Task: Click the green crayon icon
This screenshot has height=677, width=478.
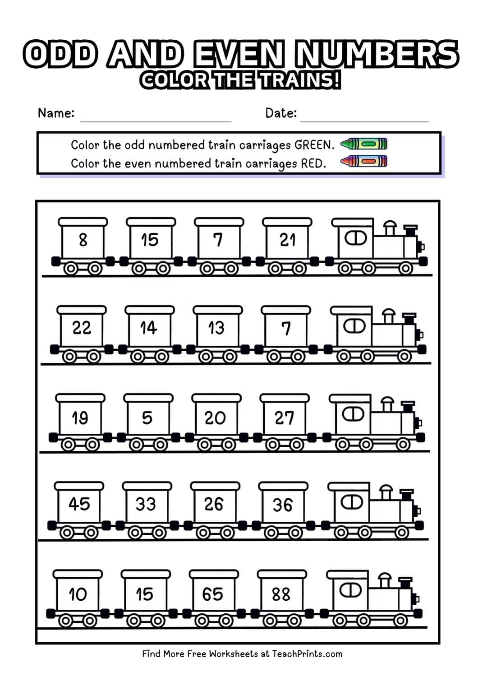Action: click(x=363, y=144)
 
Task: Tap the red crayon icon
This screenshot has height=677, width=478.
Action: click(x=363, y=161)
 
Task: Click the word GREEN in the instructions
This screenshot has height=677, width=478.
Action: click(x=314, y=145)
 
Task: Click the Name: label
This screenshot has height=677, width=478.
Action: click(x=56, y=113)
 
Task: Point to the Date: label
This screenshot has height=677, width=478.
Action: click(x=281, y=113)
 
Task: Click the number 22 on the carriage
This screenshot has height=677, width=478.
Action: click(x=82, y=328)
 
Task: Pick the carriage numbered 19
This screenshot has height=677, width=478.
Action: click(x=80, y=417)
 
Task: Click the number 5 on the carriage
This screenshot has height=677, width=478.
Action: click(x=147, y=418)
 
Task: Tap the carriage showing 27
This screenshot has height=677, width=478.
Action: click(x=284, y=418)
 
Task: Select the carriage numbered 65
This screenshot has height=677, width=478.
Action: click(x=212, y=594)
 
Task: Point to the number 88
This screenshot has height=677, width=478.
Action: click(x=281, y=594)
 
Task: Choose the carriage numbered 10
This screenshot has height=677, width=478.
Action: click(x=78, y=594)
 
